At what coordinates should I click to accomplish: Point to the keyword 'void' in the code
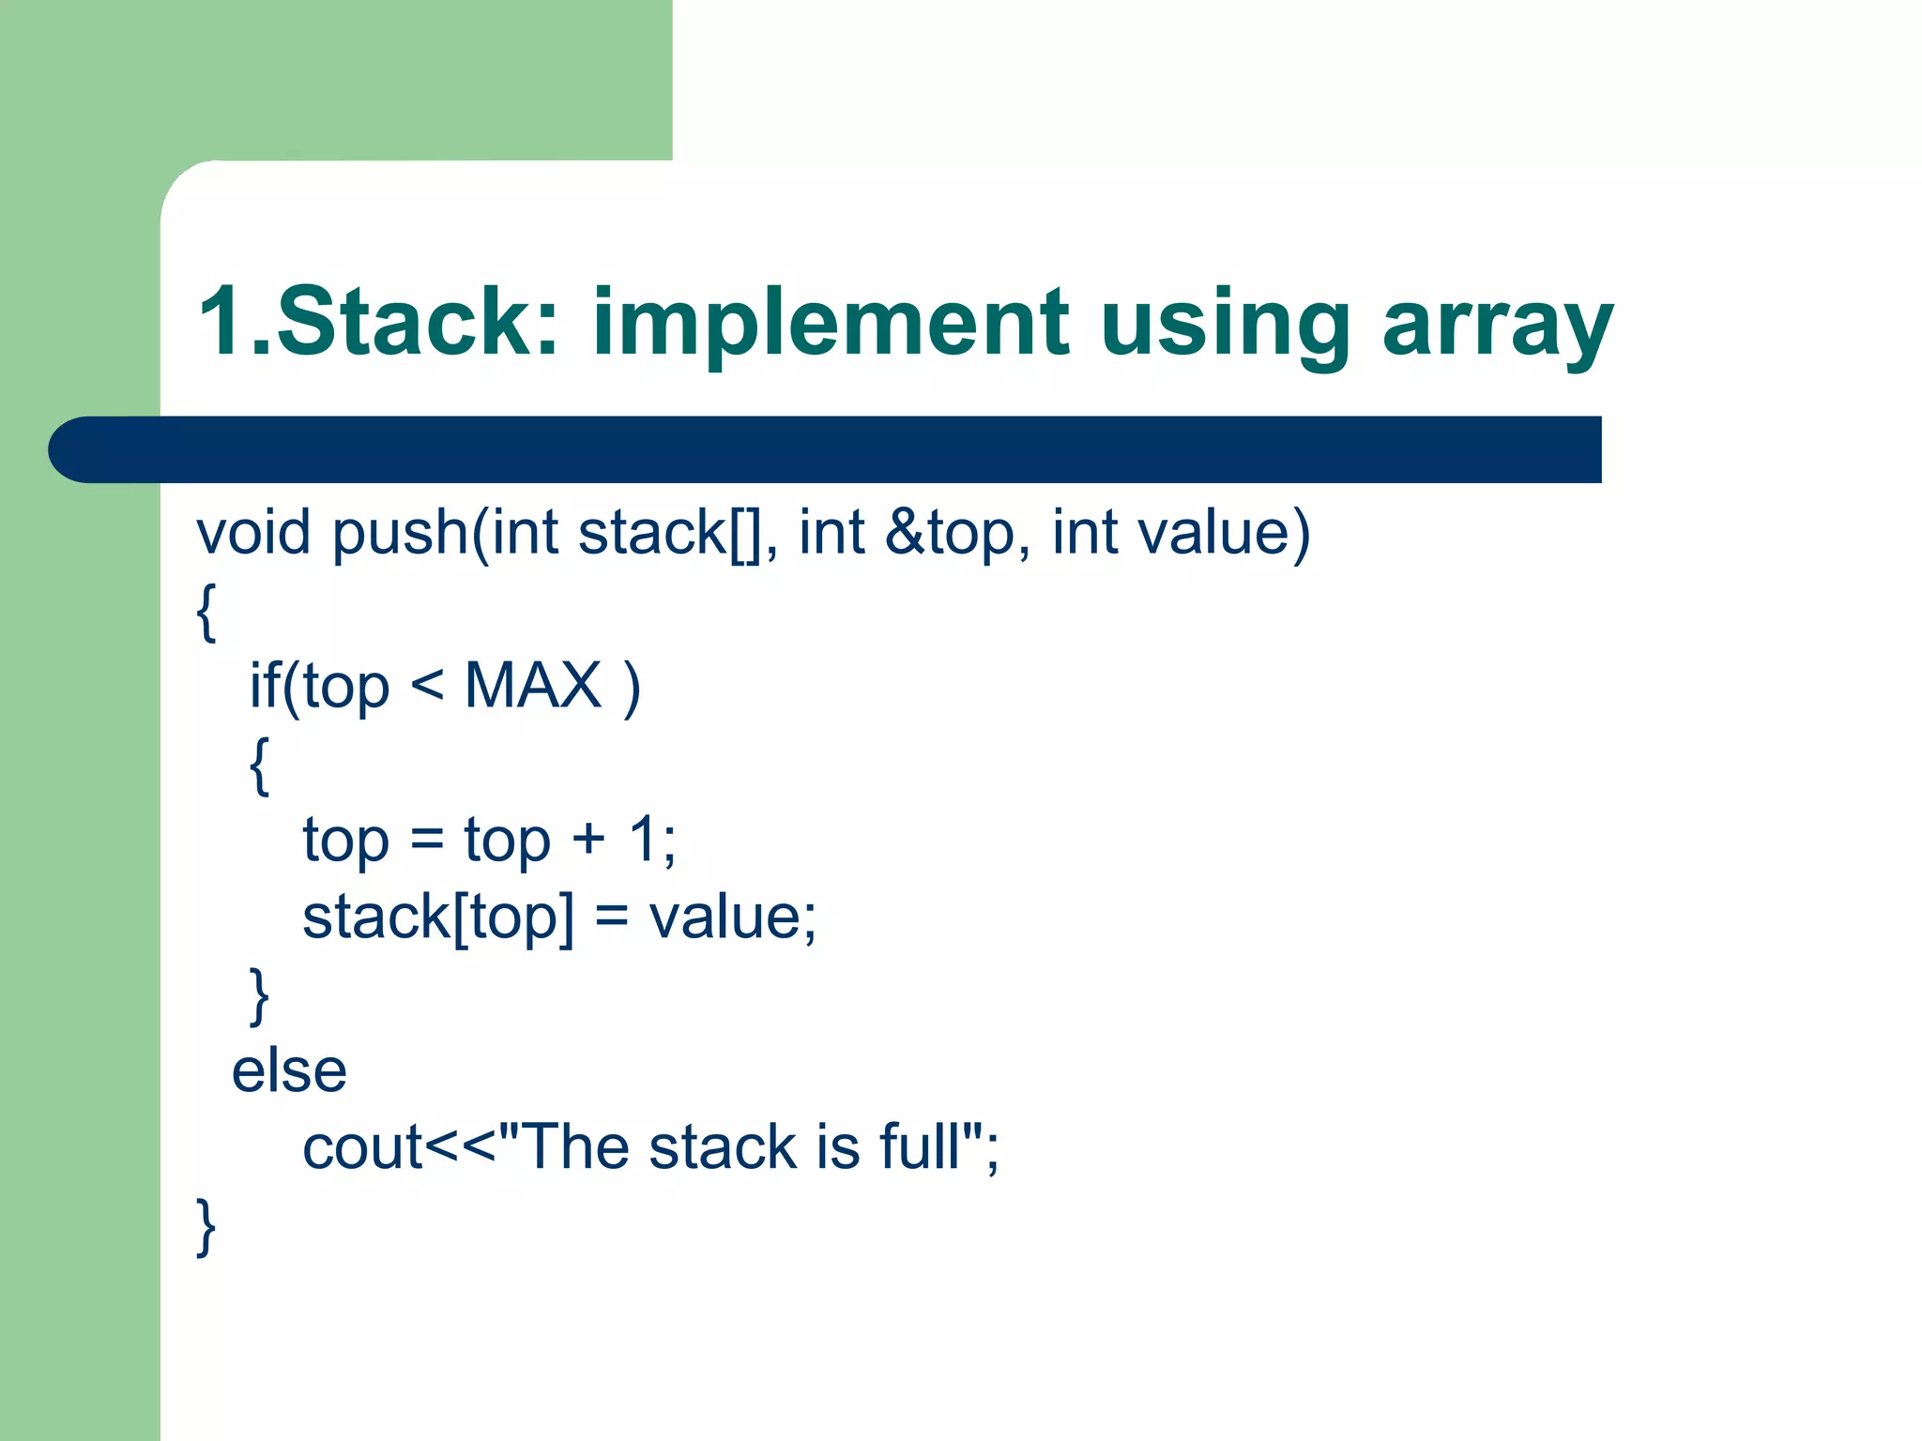tap(252, 533)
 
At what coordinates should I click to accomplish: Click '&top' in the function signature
tap(950, 533)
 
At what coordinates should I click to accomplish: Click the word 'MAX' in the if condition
tap(532, 686)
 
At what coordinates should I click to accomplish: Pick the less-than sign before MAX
tap(427, 686)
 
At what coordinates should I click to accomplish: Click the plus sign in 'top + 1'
tap(588, 839)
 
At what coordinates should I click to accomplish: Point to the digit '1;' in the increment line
tap(651, 839)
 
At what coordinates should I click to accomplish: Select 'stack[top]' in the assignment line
tap(437, 917)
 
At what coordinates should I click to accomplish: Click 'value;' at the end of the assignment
tap(732, 917)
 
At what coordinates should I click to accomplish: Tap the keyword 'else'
tap(289, 1070)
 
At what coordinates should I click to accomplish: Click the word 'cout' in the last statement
tap(362, 1147)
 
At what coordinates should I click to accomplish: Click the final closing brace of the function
tap(206, 1225)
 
